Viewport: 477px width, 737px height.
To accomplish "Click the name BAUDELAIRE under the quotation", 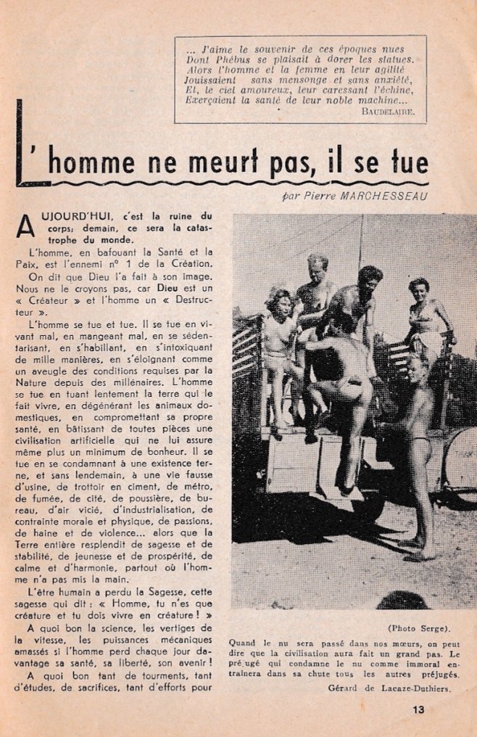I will tap(387, 112).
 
